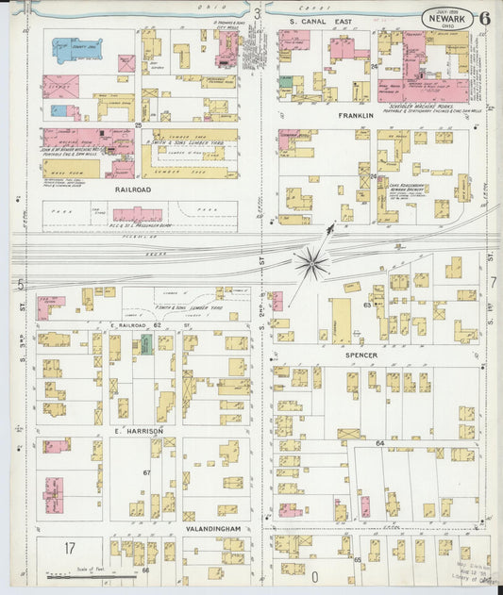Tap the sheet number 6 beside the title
(483, 18)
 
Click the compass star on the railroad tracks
(310, 261)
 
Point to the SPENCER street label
(361, 355)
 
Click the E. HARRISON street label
(139, 430)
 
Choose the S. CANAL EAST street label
(320, 20)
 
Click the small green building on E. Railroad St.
(146, 344)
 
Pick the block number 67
(146, 472)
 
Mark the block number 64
(379, 442)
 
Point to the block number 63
(366, 306)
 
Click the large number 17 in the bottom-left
(69, 548)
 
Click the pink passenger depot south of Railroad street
(138, 214)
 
